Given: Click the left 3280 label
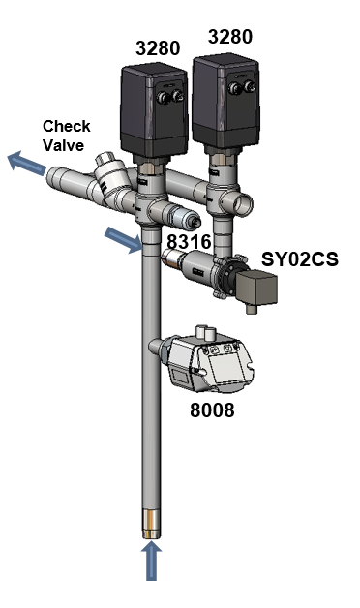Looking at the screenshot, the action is (x=158, y=48).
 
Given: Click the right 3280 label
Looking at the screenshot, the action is (x=230, y=37).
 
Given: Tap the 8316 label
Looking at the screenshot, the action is (x=189, y=242).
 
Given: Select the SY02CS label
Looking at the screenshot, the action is (x=300, y=259).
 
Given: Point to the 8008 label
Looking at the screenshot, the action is (x=212, y=410).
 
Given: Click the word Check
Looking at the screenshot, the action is (x=66, y=127).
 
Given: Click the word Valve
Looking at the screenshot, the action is (x=63, y=145).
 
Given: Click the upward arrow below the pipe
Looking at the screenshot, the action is (x=151, y=561).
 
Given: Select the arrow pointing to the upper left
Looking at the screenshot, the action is (x=26, y=163).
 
